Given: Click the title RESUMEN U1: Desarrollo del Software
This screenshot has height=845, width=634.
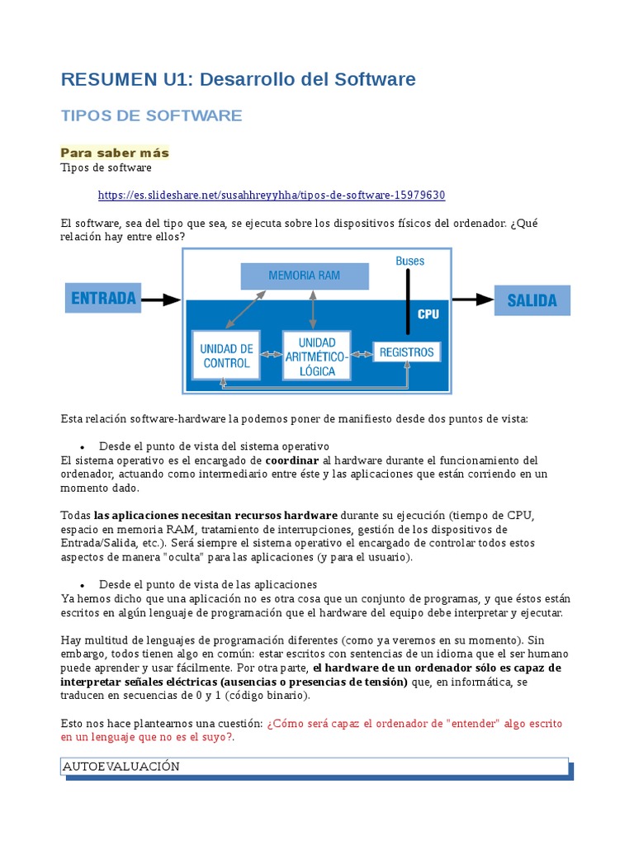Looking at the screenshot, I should click(x=238, y=79).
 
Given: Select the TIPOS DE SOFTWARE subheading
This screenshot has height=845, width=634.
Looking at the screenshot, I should click(x=151, y=116).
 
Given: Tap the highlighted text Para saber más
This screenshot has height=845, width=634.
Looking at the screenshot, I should click(x=115, y=153).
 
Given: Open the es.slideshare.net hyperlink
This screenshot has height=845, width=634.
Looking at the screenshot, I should click(x=272, y=195).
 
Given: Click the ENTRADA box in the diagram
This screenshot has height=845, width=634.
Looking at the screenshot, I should click(x=103, y=299).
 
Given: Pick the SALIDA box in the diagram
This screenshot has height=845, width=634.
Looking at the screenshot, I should click(x=532, y=300).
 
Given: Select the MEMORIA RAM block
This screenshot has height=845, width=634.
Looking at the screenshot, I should click(x=304, y=276).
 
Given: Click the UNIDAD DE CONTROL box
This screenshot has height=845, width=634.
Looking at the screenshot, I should click(x=226, y=355).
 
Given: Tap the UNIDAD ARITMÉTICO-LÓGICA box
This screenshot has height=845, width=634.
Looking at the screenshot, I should click(x=316, y=356).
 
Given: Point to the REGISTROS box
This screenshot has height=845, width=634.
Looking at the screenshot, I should click(x=406, y=352).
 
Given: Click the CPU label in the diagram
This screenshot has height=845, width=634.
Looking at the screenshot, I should click(x=428, y=314).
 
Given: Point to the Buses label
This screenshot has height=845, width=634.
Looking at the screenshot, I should click(x=409, y=261).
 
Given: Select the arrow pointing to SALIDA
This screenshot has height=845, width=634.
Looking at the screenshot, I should click(x=472, y=300).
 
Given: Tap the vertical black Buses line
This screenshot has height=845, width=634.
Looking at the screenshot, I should click(x=407, y=300).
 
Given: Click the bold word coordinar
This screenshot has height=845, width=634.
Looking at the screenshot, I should click(x=291, y=460).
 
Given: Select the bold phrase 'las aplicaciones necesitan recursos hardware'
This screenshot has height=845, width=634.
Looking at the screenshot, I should click(x=215, y=515).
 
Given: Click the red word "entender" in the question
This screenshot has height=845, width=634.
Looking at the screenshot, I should click(x=472, y=723).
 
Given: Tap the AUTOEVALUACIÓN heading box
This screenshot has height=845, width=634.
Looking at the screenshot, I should click(x=315, y=767).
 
